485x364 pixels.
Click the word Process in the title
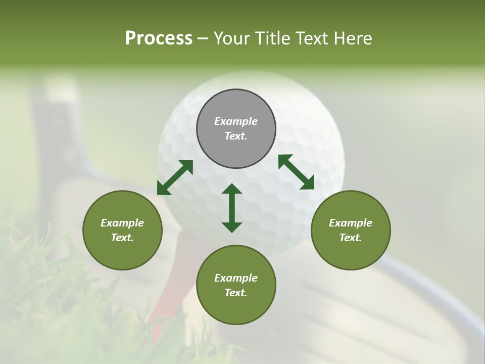[159, 38]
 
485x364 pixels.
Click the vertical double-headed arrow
[232, 208]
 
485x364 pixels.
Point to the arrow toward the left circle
[175, 177]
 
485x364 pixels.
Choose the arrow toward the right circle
[296, 172]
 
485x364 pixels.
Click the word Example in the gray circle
[236, 121]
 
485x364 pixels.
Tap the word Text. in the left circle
[122, 238]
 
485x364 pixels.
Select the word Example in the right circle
[351, 223]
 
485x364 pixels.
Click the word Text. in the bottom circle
[236, 293]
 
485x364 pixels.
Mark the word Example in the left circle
[122, 223]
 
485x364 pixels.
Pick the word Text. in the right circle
[351, 238]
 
